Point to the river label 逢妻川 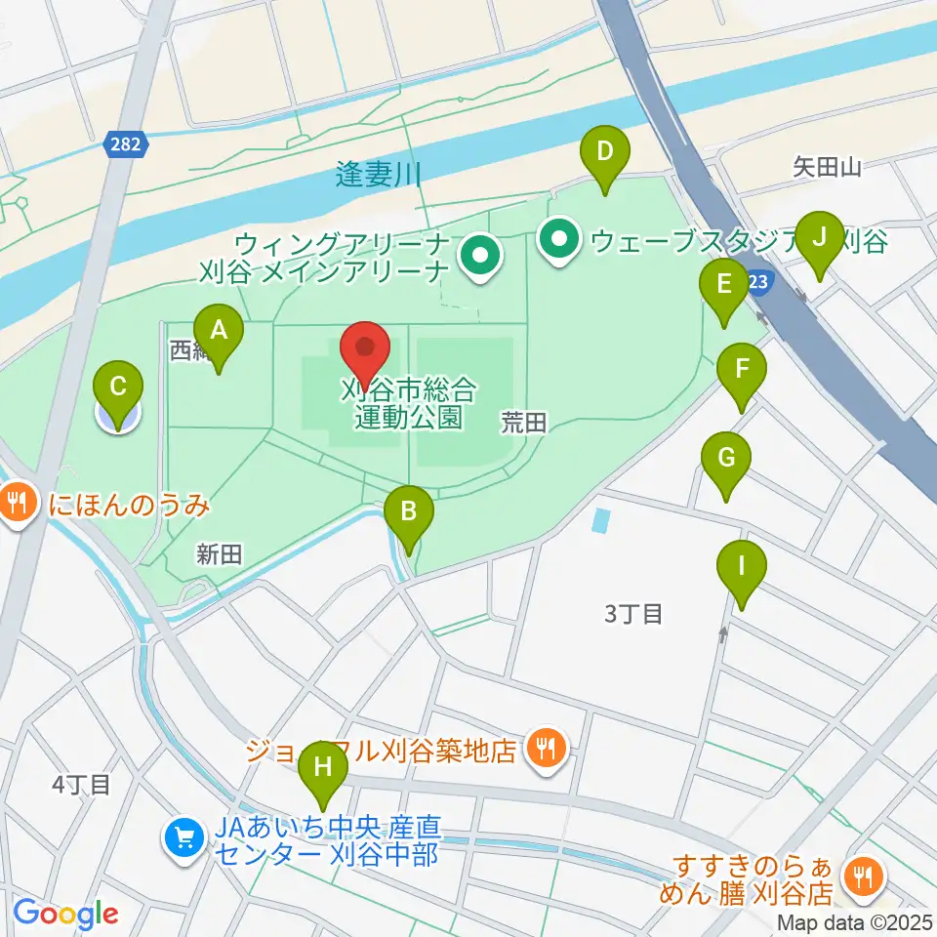pyautogui.click(x=378, y=176)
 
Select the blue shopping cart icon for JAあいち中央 pyautogui.click(x=183, y=837)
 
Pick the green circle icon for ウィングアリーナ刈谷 pyautogui.click(x=479, y=259)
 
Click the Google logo pyautogui.click(x=66, y=913)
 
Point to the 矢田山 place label pyautogui.click(x=827, y=168)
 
